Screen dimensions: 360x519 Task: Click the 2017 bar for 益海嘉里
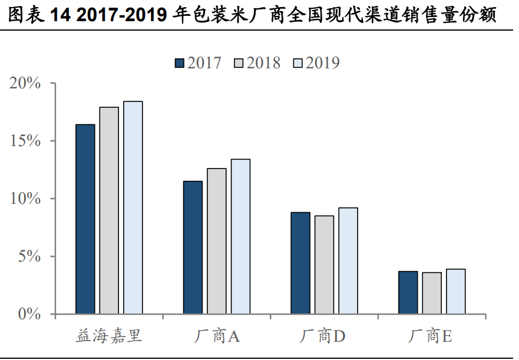(x=85, y=219)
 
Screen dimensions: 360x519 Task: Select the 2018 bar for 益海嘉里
(x=109, y=210)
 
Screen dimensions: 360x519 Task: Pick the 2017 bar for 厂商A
(x=193, y=247)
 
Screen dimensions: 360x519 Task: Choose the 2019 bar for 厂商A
(x=240, y=236)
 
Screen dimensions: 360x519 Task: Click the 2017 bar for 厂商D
(x=300, y=263)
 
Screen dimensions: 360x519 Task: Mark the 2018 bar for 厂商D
(x=324, y=265)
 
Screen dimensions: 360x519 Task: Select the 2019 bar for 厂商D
(x=348, y=260)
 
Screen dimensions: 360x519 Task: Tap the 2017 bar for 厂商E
(x=408, y=292)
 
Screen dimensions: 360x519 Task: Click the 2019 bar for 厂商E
(x=456, y=291)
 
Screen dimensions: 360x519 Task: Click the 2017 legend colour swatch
(x=180, y=63)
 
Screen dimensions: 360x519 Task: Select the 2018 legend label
(x=264, y=63)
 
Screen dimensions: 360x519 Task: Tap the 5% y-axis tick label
(x=30, y=256)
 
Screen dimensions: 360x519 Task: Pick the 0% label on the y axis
(x=30, y=314)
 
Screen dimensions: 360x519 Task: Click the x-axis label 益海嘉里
(x=109, y=337)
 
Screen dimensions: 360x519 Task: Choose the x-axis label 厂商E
(x=431, y=337)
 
